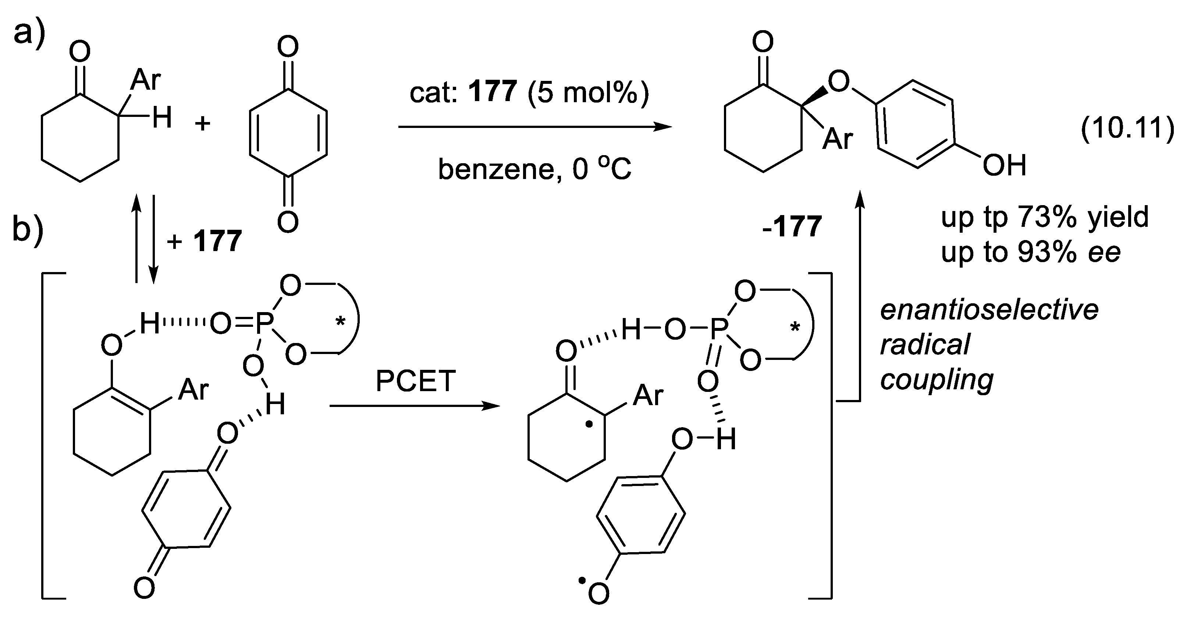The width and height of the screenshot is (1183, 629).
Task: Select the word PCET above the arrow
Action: tap(416, 381)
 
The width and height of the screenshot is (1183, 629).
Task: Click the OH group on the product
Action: tap(1004, 166)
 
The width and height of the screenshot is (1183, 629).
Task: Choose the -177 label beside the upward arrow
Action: tap(792, 227)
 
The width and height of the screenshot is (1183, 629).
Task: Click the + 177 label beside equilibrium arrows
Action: tap(205, 241)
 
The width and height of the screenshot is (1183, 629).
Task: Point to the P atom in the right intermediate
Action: tap(719, 330)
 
